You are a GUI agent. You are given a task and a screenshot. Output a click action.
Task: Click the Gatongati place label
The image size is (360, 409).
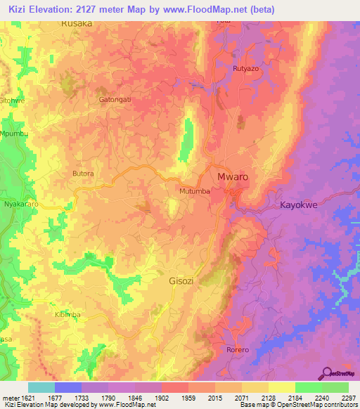pyautogui.click(x=115, y=100)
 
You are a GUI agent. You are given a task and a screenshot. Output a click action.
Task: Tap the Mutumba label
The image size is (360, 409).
pyautogui.click(x=195, y=190)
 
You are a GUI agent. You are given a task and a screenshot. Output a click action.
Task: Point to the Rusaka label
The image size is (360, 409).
pyautogui.click(x=77, y=23)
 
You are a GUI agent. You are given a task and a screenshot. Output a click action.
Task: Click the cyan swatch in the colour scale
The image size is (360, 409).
pyautogui.click(x=41, y=387)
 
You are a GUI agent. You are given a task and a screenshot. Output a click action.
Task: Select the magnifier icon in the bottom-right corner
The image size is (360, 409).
pyautogui.click(x=326, y=372)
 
